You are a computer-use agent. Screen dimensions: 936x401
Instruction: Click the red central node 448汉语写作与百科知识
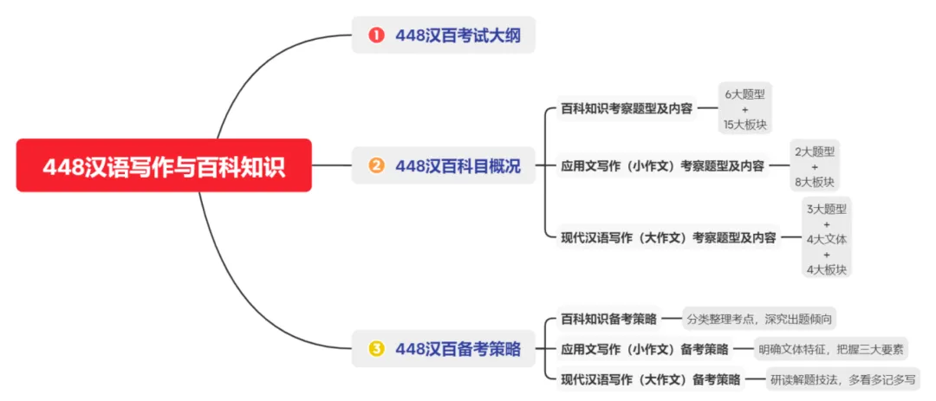point(164,165)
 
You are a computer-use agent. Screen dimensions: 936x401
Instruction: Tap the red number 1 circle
point(376,36)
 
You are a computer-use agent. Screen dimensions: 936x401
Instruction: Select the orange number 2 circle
point(376,165)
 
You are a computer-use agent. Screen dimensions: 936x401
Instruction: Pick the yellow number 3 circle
point(376,349)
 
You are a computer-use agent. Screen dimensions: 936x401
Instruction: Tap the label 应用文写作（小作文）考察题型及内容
point(662,165)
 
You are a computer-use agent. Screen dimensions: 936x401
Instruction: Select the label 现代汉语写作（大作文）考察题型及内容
point(668,236)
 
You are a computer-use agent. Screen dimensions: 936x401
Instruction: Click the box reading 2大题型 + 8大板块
point(815,165)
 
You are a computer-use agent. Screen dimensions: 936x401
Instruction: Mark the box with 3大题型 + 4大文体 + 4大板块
point(827,237)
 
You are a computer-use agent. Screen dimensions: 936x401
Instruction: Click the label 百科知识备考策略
point(607,319)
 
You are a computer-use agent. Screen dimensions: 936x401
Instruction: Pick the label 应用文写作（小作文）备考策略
point(644,349)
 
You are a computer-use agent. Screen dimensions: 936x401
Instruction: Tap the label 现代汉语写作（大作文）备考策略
point(650,378)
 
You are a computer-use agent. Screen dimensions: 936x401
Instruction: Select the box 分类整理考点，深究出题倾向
point(760,319)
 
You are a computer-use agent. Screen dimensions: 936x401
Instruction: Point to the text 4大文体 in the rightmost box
point(827,238)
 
